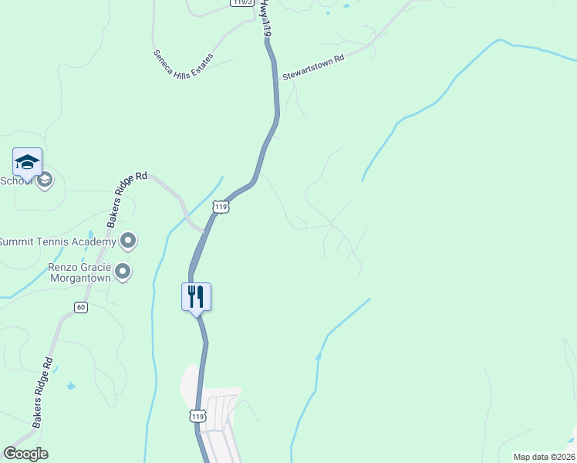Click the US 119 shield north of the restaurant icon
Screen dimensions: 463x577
click(221, 207)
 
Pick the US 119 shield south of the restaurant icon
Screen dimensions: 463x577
click(198, 417)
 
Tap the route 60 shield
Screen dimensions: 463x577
click(81, 307)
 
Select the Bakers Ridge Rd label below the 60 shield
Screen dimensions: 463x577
click(42, 393)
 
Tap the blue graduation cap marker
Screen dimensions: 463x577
click(27, 161)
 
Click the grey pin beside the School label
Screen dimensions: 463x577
click(45, 181)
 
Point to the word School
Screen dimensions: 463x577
click(14, 181)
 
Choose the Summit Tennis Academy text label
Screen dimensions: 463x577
click(57, 242)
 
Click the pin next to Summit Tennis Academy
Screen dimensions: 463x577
click(128, 242)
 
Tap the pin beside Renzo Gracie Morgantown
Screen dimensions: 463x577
click(122, 271)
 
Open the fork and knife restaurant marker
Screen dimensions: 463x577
click(196, 296)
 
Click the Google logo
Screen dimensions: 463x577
click(25, 454)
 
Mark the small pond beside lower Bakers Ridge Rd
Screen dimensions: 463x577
click(72, 385)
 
